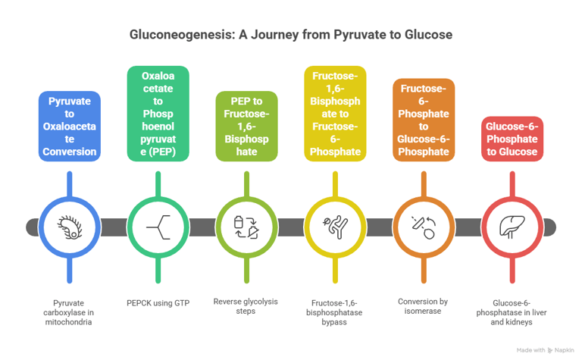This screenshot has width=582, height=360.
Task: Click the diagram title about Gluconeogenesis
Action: [291, 35]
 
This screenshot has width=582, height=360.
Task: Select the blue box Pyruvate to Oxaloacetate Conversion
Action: [69, 126]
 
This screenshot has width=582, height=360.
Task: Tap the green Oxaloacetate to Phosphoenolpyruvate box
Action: [158, 114]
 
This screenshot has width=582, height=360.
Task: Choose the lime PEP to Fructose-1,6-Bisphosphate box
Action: [246, 126]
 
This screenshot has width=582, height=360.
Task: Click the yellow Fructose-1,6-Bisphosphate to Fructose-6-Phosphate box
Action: [335, 114]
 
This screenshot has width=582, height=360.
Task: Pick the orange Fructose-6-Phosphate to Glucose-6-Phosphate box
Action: [424, 120]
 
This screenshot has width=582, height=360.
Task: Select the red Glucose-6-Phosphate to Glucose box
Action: [512, 139]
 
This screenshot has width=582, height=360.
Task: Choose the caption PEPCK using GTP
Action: [158, 302]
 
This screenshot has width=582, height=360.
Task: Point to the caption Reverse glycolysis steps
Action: [246, 306]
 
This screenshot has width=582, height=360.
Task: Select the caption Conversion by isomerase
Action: [424, 306]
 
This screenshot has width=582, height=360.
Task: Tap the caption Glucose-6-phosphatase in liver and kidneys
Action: [512, 311]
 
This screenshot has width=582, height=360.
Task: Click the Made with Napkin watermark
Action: [545, 350]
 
